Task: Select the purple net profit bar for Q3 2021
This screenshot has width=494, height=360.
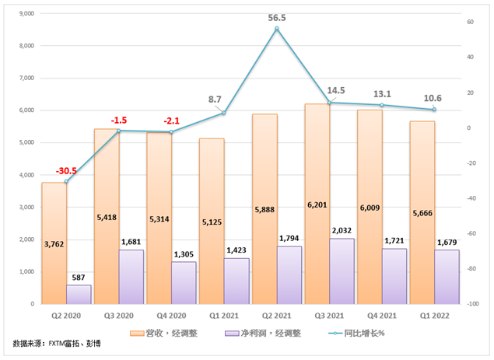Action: click(x=342, y=272)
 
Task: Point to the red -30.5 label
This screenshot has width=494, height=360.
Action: click(x=67, y=170)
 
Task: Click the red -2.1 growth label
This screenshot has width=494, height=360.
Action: click(x=173, y=121)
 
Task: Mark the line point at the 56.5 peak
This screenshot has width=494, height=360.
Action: click(x=276, y=29)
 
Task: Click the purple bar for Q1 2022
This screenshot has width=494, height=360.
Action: click(x=447, y=277)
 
